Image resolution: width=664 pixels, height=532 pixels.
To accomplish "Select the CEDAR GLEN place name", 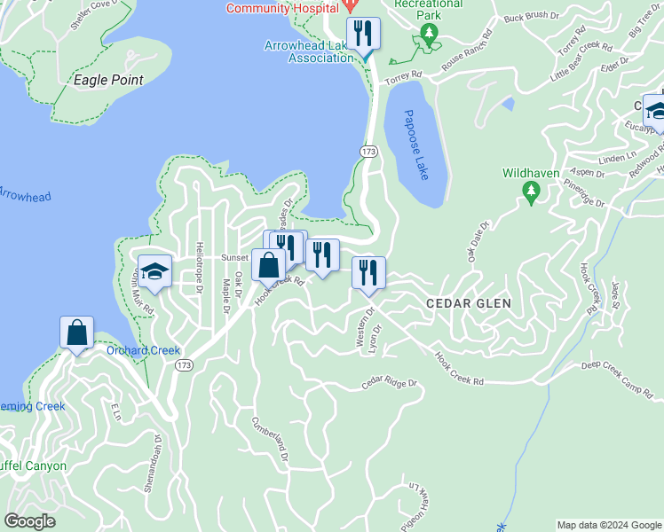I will point(469,303).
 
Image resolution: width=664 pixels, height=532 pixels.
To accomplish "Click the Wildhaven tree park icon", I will point(531,191).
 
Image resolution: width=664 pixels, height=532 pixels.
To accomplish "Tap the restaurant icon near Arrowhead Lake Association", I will point(362,35).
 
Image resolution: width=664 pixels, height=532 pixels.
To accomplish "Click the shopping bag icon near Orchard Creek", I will point(77,333).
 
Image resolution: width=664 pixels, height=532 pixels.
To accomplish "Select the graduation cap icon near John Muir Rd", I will point(154,271).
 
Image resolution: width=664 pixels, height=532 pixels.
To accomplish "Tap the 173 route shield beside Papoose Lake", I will point(369,153).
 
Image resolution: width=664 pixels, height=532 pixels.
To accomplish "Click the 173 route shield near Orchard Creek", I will point(184,365).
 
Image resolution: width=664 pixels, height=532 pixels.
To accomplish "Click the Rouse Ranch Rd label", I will point(466,54).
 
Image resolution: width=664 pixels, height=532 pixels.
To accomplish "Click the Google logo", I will point(30,521).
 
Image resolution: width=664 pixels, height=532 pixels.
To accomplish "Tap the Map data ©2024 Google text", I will point(608,525).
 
